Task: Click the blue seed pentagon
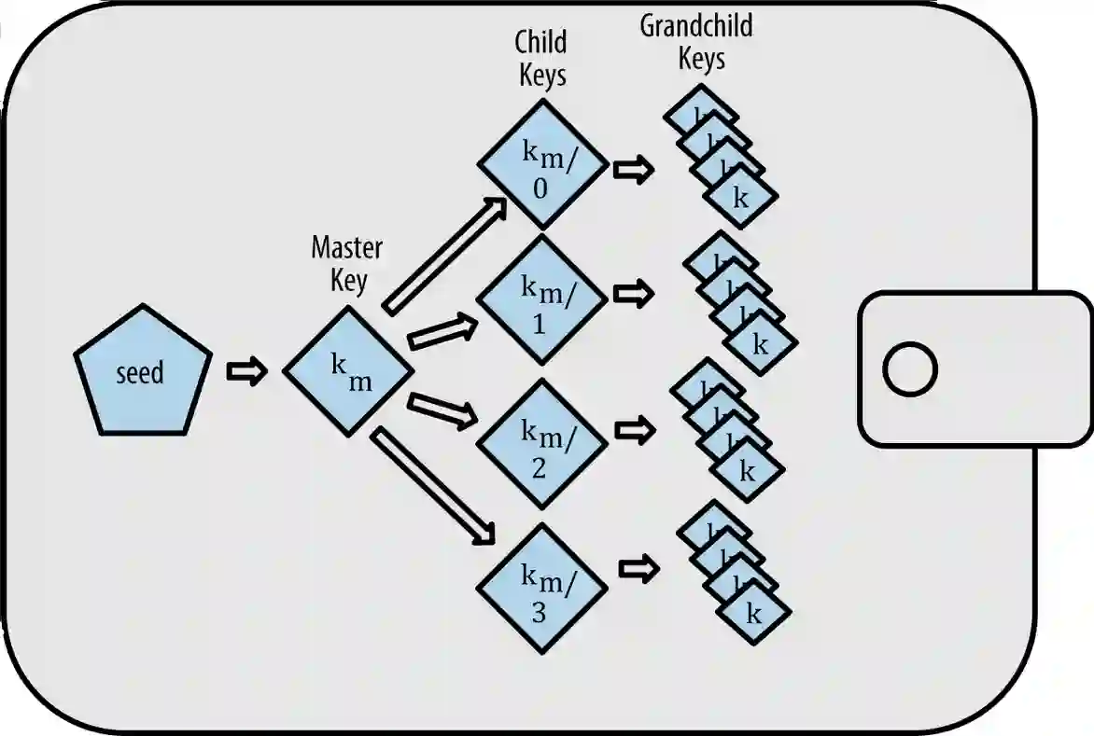143,372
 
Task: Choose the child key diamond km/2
542,442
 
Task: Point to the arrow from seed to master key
247,372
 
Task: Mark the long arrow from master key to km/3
435,485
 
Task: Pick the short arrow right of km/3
639,568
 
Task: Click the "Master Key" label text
347,263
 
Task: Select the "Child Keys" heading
541,58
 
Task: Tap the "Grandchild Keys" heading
696,42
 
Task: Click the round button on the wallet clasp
909,369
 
